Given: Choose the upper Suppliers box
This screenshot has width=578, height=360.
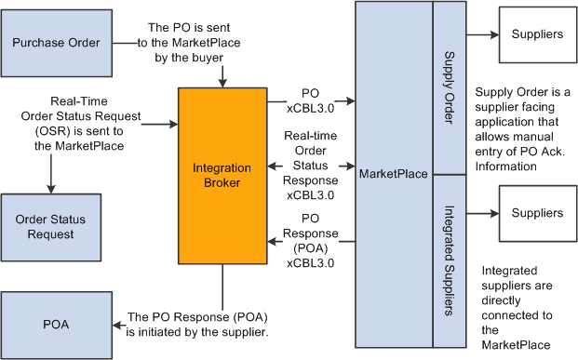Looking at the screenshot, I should pos(537,34).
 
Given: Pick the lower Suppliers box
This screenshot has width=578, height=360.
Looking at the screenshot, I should pos(537,212).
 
